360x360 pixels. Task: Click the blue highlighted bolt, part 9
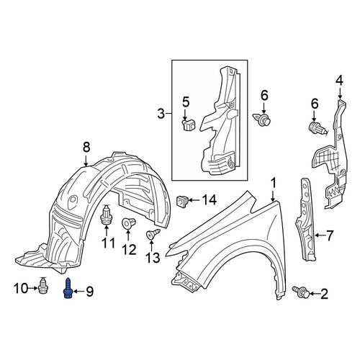point(68,288)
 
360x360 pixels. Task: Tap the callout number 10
point(21,288)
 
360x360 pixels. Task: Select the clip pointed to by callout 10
point(43,286)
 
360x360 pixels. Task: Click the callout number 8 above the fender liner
point(86,147)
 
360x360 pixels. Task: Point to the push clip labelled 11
point(106,215)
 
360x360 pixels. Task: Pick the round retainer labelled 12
point(128,223)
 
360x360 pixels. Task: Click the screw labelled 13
point(153,233)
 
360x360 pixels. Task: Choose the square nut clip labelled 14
point(182,201)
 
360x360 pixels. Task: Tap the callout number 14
point(210,199)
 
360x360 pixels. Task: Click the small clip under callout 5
point(189,125)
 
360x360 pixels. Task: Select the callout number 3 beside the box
point(161,114)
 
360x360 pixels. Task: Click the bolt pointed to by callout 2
point(300,292)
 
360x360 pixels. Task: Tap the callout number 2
point(324,294)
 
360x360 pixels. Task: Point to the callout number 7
point(330,235)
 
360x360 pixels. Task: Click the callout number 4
point(340,81)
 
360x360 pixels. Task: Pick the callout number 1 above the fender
point(273,183)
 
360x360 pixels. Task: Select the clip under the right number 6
point(318,129)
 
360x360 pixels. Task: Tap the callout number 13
point(153,258)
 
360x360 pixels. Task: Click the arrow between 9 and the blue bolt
point(77,292)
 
